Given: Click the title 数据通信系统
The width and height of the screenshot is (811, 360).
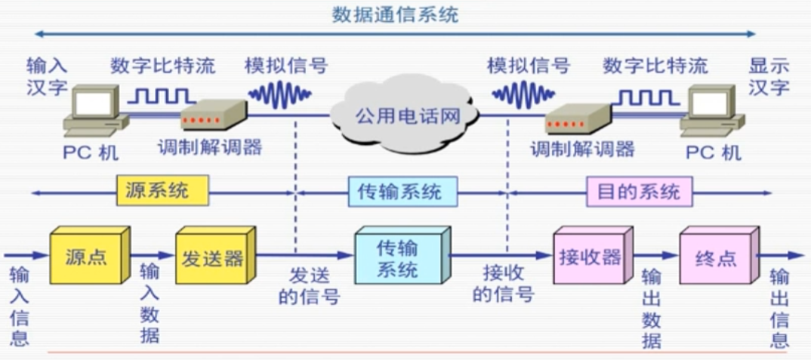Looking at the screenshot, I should coord(395,14).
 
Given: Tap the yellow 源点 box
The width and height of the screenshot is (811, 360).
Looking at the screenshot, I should coord(86,257).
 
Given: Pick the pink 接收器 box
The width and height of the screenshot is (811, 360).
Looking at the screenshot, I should coord(590,257).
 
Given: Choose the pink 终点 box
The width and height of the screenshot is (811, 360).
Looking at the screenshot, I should coord(716,257).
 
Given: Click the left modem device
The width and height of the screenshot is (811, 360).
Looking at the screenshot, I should coord(212,116).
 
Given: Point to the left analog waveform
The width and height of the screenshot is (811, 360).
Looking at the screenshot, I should coord(280,94).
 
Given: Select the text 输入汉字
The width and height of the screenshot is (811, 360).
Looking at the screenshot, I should coord(47,75).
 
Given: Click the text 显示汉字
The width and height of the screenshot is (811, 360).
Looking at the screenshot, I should coord(769,75).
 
